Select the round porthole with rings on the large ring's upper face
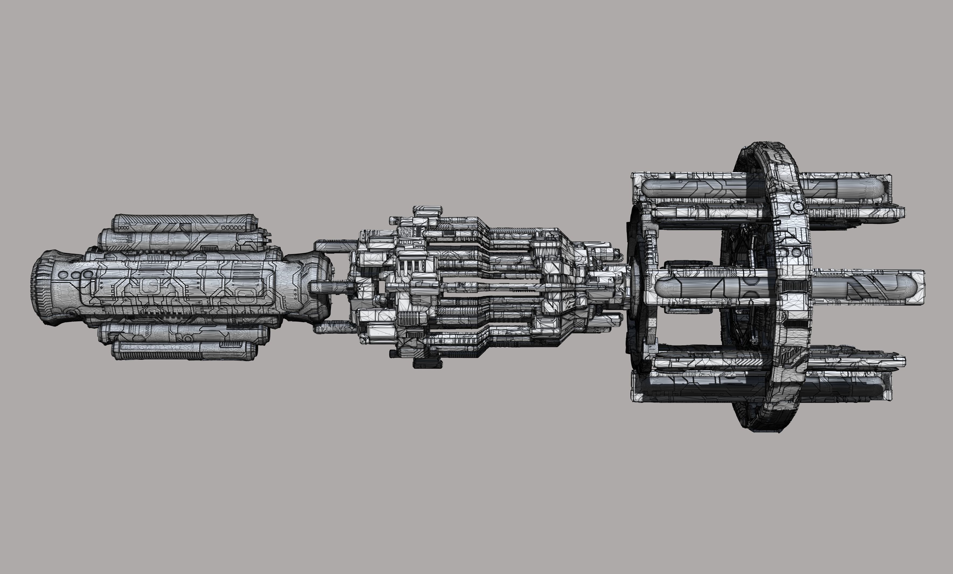click(797, 206)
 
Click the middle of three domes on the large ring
click(796, 252)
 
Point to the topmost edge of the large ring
click(764, 143)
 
